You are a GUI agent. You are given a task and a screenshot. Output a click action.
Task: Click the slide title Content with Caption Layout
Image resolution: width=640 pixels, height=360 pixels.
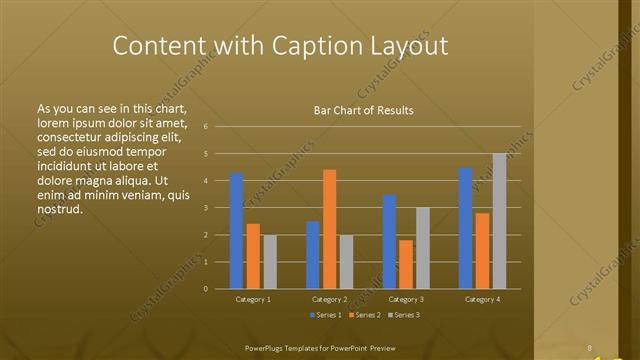point(279,46)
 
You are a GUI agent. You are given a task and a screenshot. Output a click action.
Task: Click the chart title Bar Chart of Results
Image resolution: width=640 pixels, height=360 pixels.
point(357,110)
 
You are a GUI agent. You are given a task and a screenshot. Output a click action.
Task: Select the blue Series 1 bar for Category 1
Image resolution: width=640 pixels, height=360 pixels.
point(236,230)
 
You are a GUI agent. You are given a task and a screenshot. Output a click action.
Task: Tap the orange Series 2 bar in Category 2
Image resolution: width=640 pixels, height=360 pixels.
point(329,229)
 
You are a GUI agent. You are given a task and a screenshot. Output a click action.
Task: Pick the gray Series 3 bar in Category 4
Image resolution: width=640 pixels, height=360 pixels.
point(499,221)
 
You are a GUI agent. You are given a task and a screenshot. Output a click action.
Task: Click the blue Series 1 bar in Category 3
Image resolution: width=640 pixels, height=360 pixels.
point(389,241)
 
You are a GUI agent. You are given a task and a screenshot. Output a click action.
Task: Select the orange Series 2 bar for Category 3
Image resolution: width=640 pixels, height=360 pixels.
point(406,264)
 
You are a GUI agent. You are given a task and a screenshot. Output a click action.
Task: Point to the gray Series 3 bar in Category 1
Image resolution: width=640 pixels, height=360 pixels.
point(269,261)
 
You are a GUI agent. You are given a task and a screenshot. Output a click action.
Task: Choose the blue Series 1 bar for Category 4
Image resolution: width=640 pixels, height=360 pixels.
point(465,228)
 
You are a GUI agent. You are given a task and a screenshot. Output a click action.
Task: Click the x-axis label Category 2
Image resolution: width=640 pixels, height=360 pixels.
point(329,299)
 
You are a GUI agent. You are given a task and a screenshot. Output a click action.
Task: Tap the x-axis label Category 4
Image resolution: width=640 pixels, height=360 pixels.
point(482,299)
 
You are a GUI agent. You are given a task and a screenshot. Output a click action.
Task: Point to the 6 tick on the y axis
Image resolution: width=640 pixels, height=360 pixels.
point(205,127)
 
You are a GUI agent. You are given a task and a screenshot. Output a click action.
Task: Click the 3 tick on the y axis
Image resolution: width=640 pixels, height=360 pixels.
point(205,208)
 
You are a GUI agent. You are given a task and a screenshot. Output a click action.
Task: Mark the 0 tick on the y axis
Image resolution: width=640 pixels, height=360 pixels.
point(205,289)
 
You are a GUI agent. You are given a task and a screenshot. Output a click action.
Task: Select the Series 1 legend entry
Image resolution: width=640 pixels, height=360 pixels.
point(326,315)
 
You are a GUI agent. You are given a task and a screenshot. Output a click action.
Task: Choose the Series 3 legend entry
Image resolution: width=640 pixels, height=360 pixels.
point(404,315)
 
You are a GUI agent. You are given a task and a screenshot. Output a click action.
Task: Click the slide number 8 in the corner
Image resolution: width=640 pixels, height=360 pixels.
point(591,348)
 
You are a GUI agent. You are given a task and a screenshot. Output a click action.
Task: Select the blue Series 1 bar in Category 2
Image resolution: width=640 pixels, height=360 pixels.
point(313,255)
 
